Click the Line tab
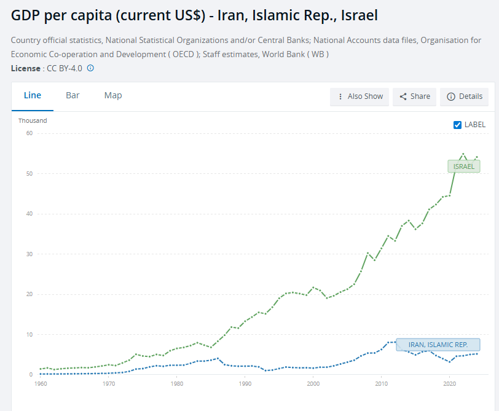pyautogui.click(x=33, y=95)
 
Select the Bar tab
pyautogui.click(x=73, y=95)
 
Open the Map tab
pyautogui.click(x=113, y=95)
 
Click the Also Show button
pyautogui.click(x=360, y=96)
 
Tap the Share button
pyautogui.click(x=415, y=96)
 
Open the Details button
pyautogui.click(x=465, y=96)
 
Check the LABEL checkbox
pyautogui.click(x=457, y=125)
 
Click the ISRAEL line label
pyautogui.click(x=463, y=166)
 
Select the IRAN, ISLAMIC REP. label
pyautogui.click(x=438, y=345)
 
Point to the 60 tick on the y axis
pyautogui.click(x=28, y=133)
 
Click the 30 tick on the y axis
pyautogui.click(x=28, y=254)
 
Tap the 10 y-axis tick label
pyautogui.click(x=28, y=335)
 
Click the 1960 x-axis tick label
pyautogui.click(x=41, y=384)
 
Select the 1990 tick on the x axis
pyautogui.click(x=245, y=384)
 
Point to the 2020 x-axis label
pyautogui.click(x=449, y=384)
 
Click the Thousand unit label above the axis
pyautogui.click(x=33, y=120)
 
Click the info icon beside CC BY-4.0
pyautogui.click(x=90, y=68)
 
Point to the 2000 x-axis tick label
pyautogui.click(x=313, y=384)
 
